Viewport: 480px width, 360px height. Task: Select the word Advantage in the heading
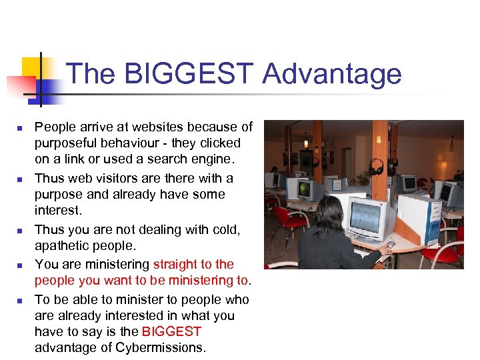point(331,74)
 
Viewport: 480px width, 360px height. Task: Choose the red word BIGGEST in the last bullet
point(171,331)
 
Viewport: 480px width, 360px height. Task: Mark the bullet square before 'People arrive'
point(21,127)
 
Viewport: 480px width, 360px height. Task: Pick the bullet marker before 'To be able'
point(21,300)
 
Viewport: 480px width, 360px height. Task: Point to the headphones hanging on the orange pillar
point(377,167)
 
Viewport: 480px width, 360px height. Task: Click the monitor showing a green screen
point(304,189)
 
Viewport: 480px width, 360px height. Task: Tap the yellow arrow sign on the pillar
point(379,140)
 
